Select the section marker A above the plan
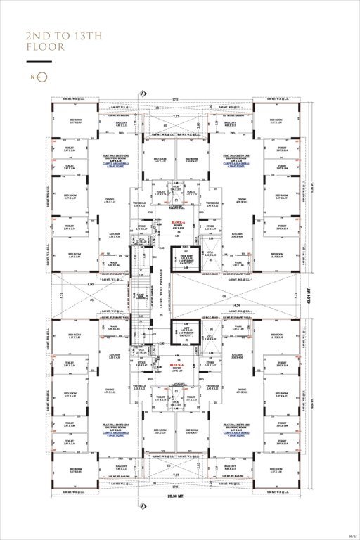tap(144, 93)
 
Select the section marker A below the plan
tap(144, 506)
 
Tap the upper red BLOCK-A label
tap(178, 222)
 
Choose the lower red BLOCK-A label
tap(176, 366)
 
